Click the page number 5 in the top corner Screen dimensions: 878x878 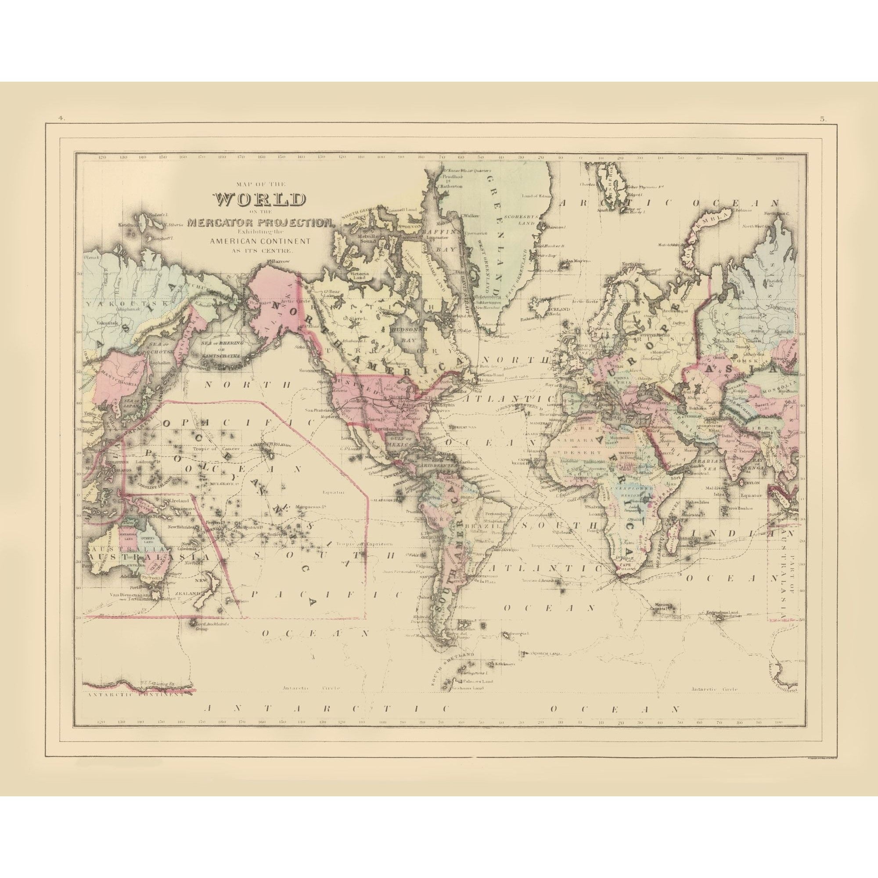(x=823, y=119)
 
